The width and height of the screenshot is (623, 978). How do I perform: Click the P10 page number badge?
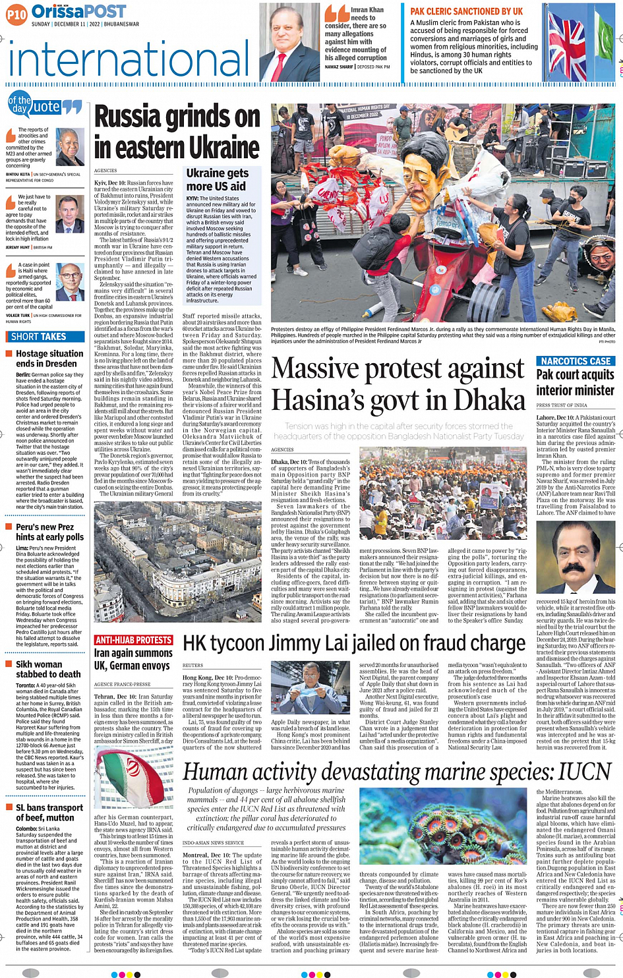click(16, 14)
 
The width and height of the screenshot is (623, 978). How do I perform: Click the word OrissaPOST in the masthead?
click(78, 11)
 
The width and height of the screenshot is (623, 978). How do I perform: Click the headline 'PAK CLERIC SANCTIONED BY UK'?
click(466, 11)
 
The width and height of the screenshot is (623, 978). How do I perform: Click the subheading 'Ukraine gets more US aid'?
click(217, 179)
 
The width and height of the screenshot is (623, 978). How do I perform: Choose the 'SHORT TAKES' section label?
click(39, 336)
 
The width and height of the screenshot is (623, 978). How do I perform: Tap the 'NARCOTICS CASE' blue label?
click(576, 361)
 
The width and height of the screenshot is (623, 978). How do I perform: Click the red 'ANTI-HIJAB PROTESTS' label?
click(134, 640)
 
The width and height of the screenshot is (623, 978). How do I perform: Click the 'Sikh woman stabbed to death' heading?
click(48, 669)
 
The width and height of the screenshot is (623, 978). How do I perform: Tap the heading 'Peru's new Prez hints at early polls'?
click(49, 532)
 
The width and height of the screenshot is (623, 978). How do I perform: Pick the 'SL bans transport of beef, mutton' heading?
click(49, 812)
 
